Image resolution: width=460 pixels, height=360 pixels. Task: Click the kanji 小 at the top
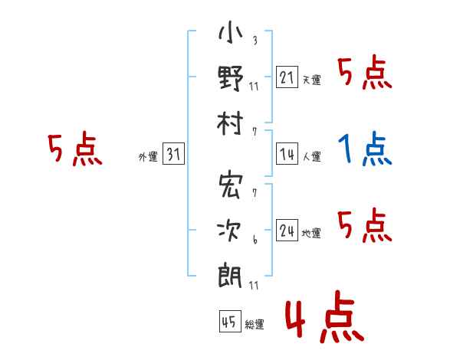tap(230, 35)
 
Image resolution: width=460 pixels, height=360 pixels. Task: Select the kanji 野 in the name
tap(230, 79)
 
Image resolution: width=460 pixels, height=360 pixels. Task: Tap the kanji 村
tap(230, 123)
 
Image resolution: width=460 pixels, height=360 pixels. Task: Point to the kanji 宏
tap(230, 186)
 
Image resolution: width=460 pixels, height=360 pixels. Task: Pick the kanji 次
tap(230, 231)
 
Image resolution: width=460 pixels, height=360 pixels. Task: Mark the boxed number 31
tap(174, 154)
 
